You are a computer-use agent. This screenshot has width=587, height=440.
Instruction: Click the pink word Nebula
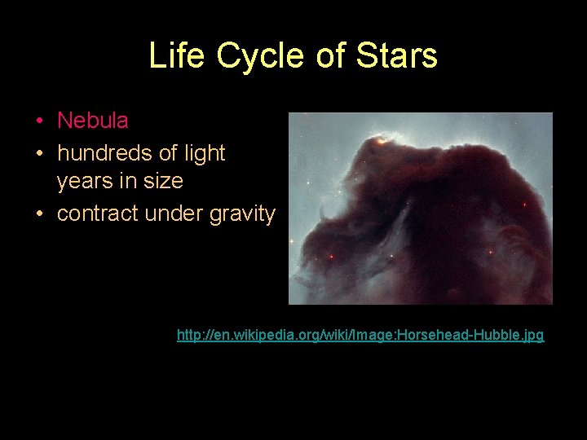click(x=92, y=121)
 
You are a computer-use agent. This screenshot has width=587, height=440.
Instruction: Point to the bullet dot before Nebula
click(x=40, y=122)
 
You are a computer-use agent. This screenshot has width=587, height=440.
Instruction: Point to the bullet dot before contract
click(x=40, y=215)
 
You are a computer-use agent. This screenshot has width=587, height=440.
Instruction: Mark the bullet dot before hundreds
click(x=40, y=154)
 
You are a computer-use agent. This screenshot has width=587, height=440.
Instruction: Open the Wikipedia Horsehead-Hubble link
click(x=360, y=335)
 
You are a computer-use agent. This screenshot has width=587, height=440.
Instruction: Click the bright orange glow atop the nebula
click(x=380, y=142)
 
